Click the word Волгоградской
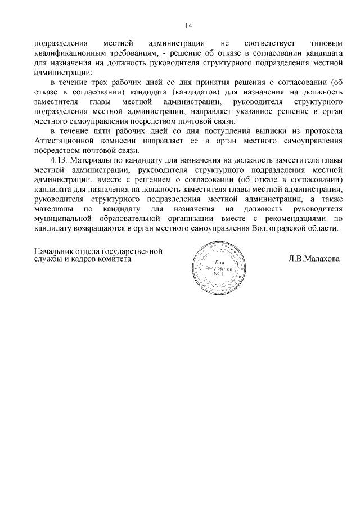click(281, 229)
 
